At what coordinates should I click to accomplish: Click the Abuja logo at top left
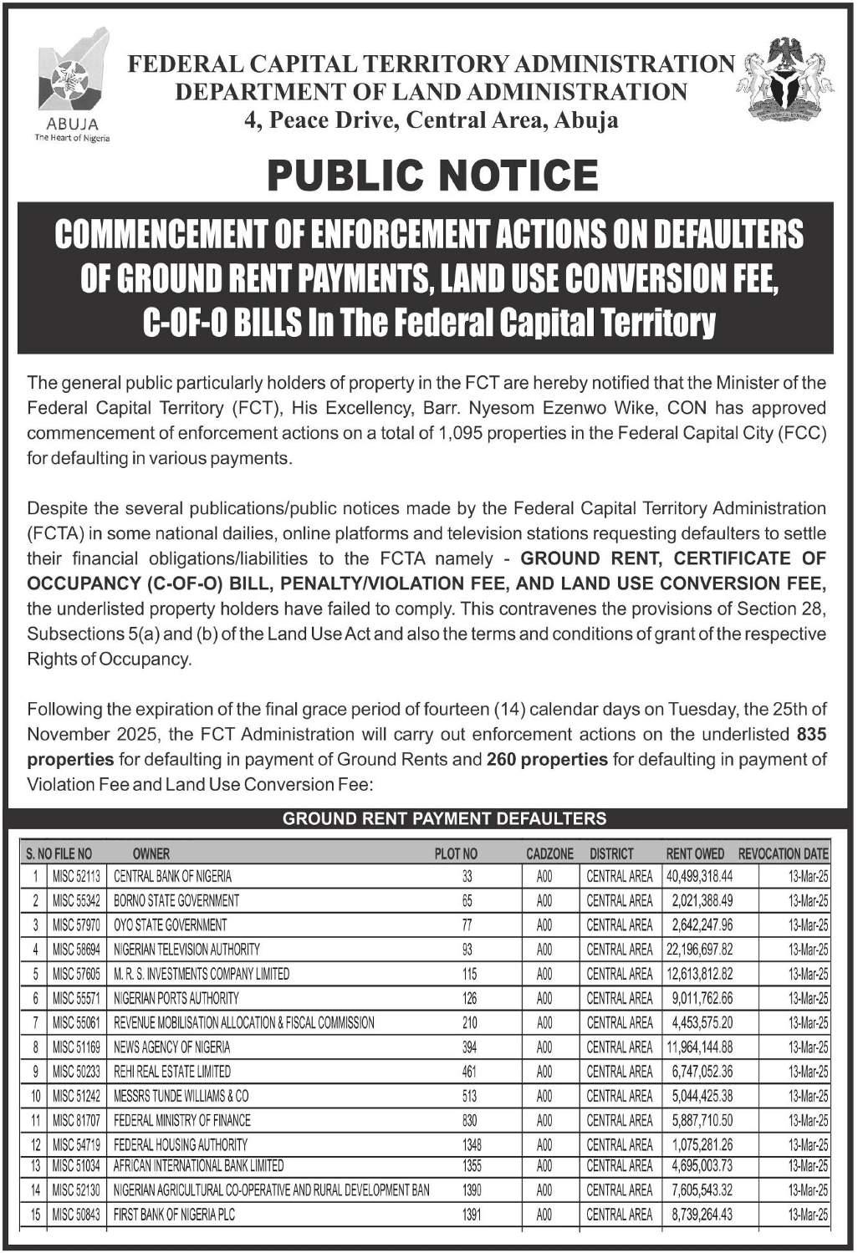point(73,84)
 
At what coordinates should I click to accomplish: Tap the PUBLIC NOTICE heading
point(432,175)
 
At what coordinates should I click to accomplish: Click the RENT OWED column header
point(695,853)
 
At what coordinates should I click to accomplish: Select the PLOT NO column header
point(456,853)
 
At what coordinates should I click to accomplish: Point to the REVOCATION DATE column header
point(783,853)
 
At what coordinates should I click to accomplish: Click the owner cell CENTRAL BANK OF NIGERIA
point(173,876)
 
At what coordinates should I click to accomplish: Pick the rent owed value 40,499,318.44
point(699,876)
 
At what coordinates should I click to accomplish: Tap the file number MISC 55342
point(76,900)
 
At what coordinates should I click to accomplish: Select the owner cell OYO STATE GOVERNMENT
point(170,924)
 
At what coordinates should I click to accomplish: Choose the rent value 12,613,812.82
point(699,974)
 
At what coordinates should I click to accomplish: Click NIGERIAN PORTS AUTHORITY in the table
point(176,998)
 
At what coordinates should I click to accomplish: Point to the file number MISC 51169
point(76,1047)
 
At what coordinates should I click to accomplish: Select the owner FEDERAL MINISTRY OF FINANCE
point(182,1120)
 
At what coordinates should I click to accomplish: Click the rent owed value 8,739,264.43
point(702,1215)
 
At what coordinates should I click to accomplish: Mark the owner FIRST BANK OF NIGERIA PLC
point(174,1215)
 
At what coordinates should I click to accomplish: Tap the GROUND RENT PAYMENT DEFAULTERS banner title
point(444,818)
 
